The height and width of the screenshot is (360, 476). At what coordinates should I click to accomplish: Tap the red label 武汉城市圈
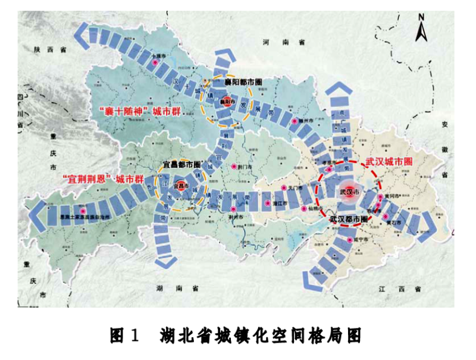click(x=389, y=161)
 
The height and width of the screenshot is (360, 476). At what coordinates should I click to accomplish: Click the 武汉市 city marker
click(x=349, y=192)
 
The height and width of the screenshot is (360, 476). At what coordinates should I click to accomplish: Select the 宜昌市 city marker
click(x=179, y=186)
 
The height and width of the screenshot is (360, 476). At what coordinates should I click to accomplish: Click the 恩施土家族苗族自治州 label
click(x=83, y=217)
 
